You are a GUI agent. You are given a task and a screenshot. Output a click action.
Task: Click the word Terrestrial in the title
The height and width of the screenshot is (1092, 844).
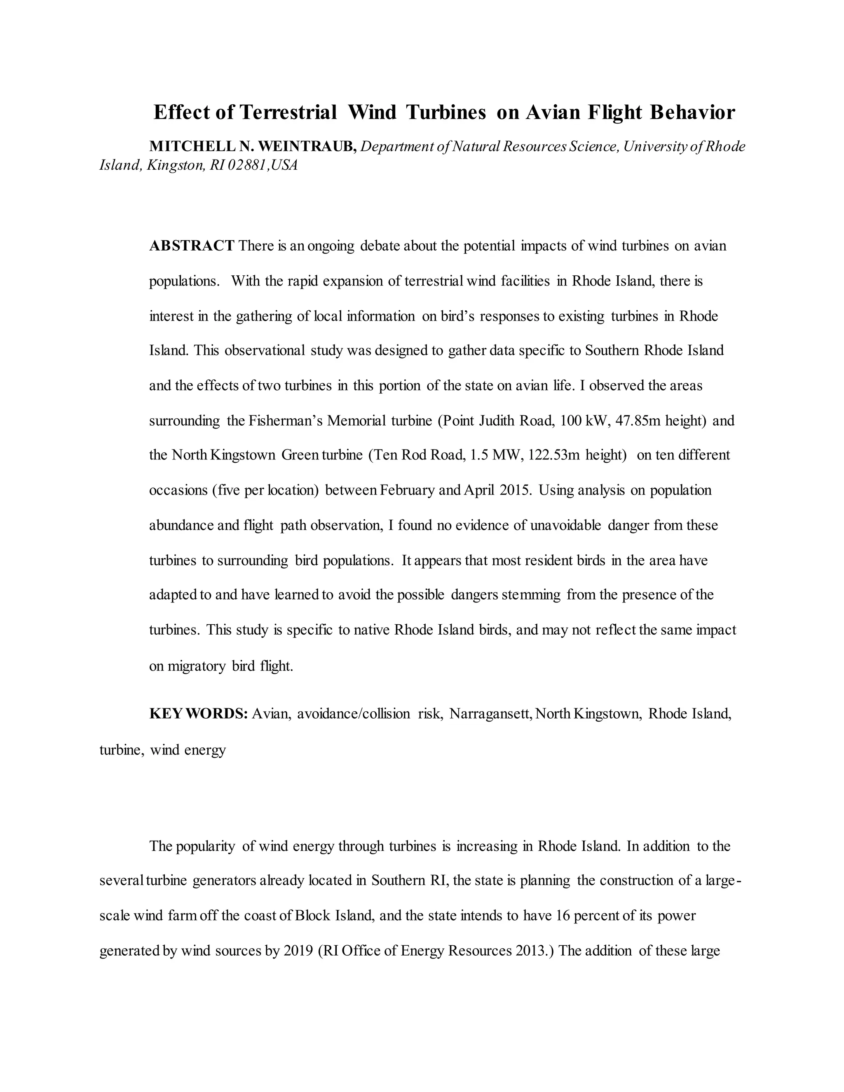288,112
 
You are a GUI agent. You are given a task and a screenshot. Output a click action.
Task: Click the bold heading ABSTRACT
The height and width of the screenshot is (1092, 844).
192,246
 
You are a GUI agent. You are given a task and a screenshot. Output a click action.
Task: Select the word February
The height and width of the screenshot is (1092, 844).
407,490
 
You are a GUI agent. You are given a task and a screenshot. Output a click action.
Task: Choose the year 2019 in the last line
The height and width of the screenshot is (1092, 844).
298,951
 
